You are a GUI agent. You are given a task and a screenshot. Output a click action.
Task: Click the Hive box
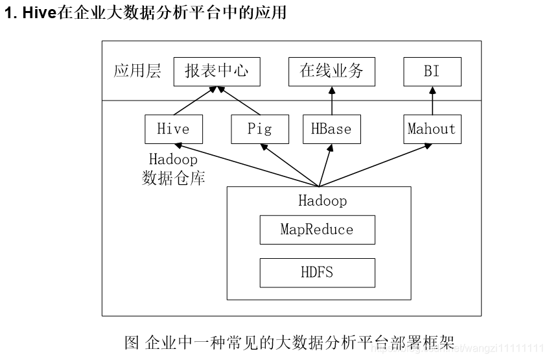173,129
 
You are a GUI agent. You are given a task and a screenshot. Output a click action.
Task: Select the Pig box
259,129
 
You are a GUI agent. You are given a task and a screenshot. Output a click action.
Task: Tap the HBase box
331,129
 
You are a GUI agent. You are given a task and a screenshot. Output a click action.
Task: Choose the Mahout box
432,129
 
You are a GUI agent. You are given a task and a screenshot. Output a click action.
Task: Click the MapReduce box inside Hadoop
317,230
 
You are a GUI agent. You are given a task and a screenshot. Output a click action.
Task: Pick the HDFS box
317,272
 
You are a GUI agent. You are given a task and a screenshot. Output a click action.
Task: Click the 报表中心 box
216,71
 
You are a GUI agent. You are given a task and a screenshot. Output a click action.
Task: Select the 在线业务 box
331,71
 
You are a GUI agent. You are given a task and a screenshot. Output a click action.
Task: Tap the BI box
432,71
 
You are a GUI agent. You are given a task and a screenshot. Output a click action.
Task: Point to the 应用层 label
137,71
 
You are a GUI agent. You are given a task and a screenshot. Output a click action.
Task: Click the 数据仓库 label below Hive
173,178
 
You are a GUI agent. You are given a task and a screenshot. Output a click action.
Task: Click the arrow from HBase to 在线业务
331,101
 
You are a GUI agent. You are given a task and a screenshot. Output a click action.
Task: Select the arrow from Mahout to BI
432,101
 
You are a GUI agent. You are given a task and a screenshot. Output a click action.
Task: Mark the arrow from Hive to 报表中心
193,101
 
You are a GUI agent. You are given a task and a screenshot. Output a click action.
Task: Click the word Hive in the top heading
40,13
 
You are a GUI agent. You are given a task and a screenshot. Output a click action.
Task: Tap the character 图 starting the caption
132,342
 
